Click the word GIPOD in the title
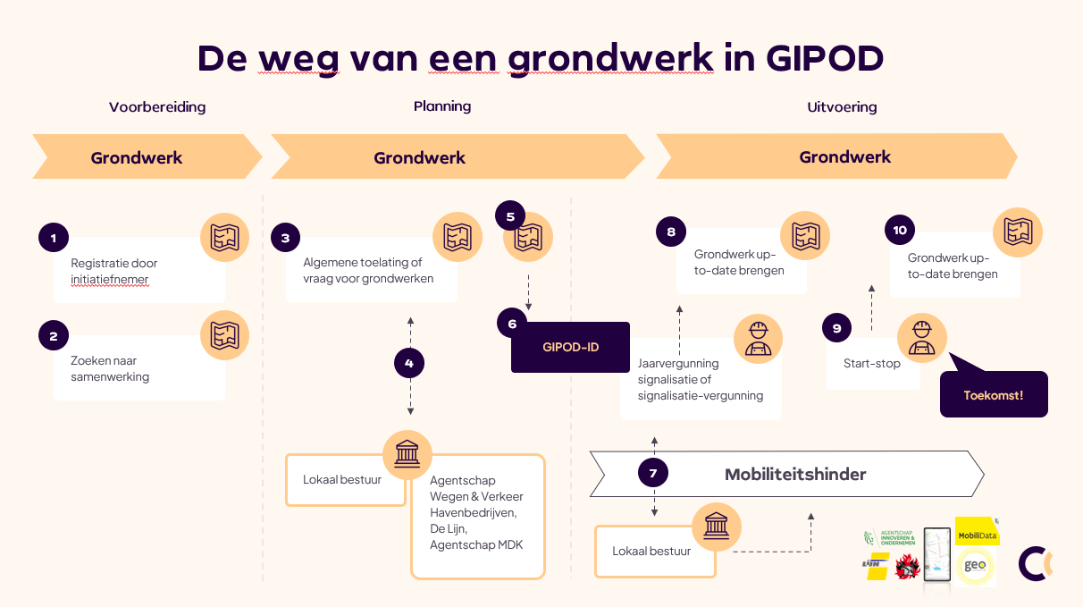click(x=824, y=58)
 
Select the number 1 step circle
click(x=54, y=238)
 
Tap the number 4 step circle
click(x=409, y=363)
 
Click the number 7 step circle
click(x=653, y=474)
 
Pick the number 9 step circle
click(x=836, y=328)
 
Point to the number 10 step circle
click(x=899, y=230)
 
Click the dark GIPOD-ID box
click(x=570, y=347)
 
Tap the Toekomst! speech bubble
click(x=993, y=394)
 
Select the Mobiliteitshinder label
click(x=794, y=474)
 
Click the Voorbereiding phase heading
click(x=157, y=107)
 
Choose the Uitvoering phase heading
click(x=842, y=107)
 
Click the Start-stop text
click(x=872, y=364)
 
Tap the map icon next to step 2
click(x=224, y=335)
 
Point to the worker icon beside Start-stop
click(x=921, y=337)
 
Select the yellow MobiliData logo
click(x=976, y=535)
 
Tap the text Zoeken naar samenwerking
click(x=110, y=369)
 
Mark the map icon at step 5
click(x=528, y=237)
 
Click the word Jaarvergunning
click(x=678, y=364)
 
